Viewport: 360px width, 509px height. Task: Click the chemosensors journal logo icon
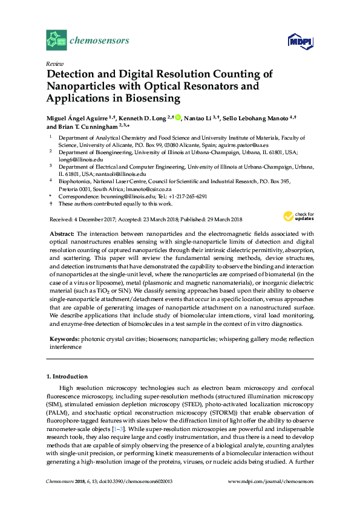[57, 41]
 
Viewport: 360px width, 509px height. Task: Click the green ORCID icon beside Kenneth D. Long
[180, 117]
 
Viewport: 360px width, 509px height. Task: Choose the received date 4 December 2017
[97, 219]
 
